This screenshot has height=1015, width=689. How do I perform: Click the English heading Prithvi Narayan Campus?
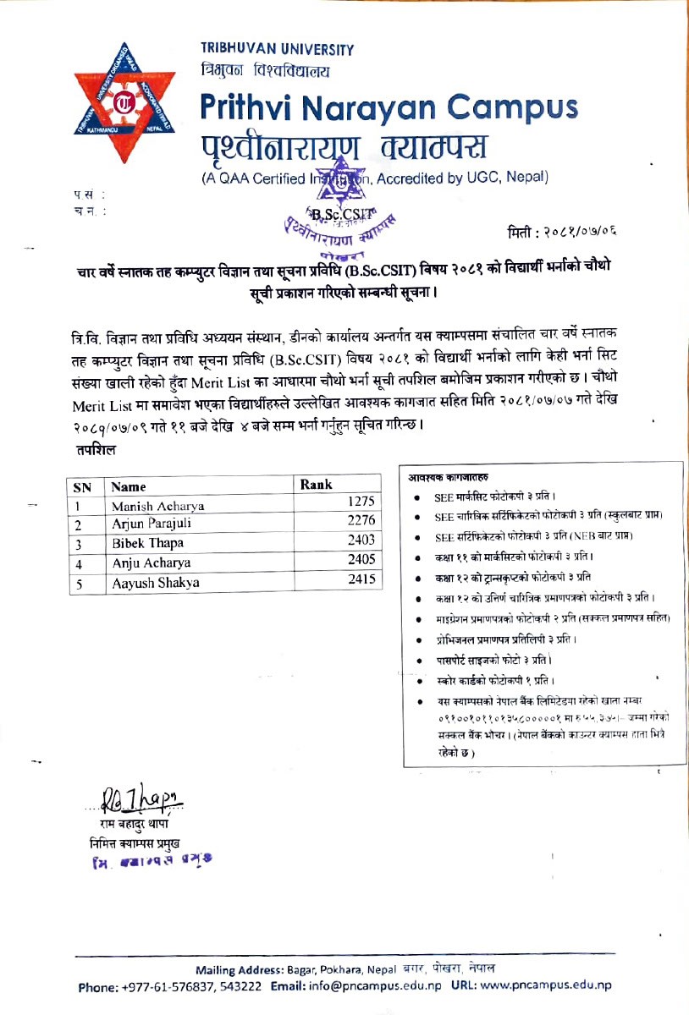389,108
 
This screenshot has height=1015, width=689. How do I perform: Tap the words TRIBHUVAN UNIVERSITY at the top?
277,50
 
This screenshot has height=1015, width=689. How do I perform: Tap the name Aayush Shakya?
155,583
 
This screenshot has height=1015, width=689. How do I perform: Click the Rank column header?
317,485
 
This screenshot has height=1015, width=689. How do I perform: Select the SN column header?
83,486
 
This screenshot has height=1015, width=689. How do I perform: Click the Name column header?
129,486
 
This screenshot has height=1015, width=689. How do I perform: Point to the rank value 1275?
360,502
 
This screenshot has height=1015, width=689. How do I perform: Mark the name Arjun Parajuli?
152,524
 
